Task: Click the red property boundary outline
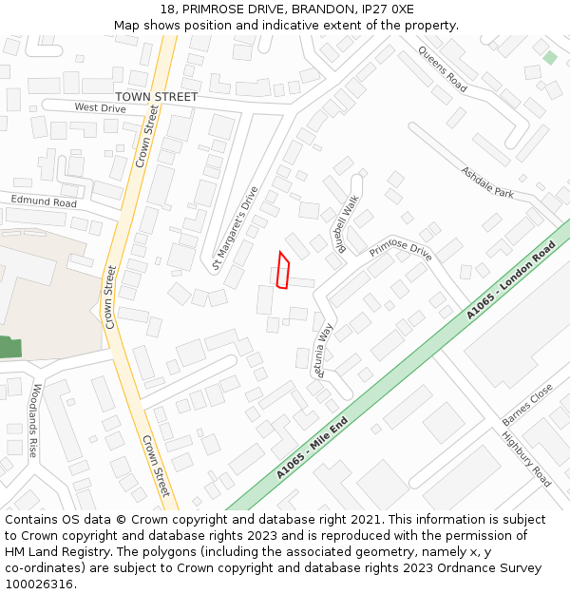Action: [282, 270]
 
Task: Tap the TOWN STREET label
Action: [156, 97]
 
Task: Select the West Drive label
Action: [100, 108]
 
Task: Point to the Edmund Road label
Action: [44, 201]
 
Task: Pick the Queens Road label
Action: [443, 69]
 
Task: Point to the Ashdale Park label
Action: [487, 182]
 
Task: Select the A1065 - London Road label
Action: [510, 281]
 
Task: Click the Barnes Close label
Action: [527, 405]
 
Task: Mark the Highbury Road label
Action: [526, 459]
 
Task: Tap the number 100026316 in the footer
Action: [39, 584]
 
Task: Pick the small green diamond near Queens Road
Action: [550, 58]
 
